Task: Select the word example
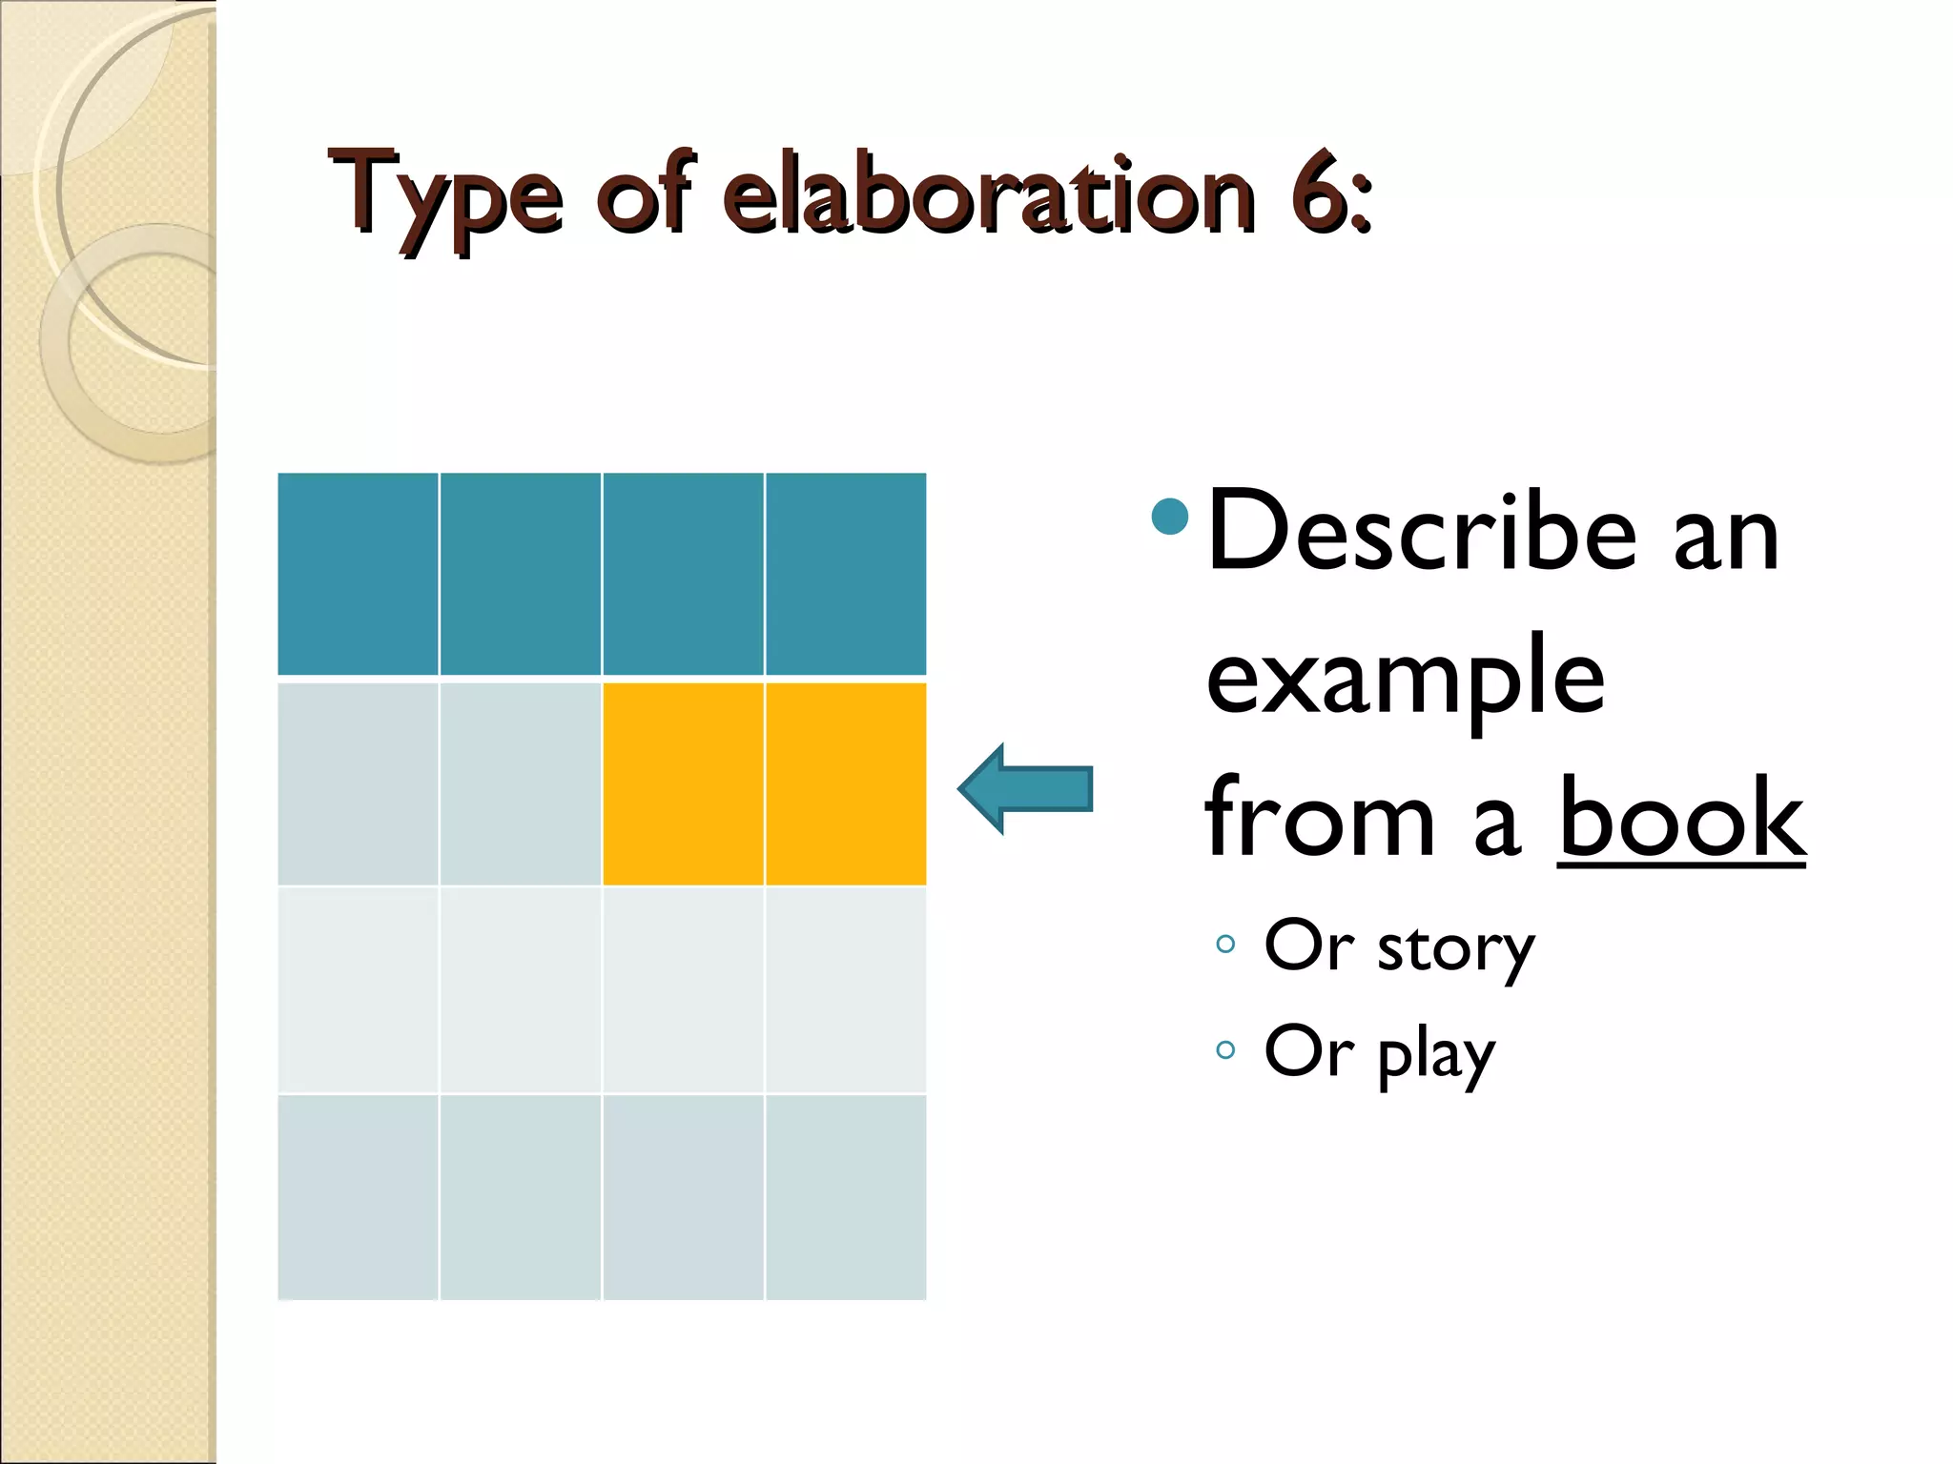[x=1406, y=681]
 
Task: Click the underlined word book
[x=1681, y=819]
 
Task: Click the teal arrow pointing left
[x=1026, y=789]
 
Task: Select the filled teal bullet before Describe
[x=1170, y=518]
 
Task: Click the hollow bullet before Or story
[x=1225, y=945]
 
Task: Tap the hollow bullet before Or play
[x=1225, y=1050]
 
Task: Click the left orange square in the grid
[x=683, y=783]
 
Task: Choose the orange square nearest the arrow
[x=846, y=783]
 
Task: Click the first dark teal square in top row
[x=358, y=574]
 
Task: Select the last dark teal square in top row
[x=846, y=574]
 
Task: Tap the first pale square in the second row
[x=358, y=783]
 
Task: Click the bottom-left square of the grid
[x=358, y=1197]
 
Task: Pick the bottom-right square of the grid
[x=846, y=1197]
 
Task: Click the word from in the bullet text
[x=1320, y=819]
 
